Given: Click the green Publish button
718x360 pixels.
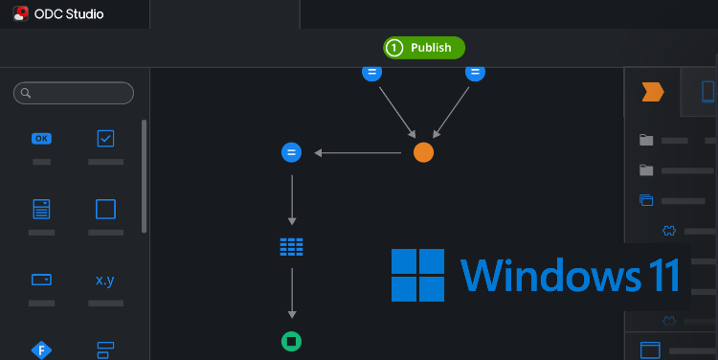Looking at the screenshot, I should click(424, 48).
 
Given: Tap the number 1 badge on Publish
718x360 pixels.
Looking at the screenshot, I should click(394, 48).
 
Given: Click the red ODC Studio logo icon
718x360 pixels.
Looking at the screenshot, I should click(20, 14).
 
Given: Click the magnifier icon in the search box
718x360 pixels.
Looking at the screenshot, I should click(27, 93).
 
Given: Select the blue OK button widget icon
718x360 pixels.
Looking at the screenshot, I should click(41, 139).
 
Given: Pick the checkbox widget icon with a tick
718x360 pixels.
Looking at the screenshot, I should click(105, 139).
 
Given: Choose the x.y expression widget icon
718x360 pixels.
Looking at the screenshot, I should click(105, 281).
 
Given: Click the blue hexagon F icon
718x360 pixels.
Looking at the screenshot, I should click(41, 349).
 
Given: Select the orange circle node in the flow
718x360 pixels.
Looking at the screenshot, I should click(423, 152).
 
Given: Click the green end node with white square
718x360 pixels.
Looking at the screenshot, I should click(292, 341).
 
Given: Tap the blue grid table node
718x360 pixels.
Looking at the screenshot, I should click(292, 247).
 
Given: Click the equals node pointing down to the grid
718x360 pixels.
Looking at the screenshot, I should click(292, 152).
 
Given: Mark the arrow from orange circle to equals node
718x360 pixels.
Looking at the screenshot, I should click(358, 152).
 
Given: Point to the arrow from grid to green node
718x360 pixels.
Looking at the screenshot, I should click(292, 294).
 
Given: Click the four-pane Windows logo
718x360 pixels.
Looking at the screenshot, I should click(417, 275).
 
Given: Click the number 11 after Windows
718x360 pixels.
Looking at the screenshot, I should click(660, 275).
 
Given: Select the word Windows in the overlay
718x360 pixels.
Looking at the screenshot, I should click(548, 275).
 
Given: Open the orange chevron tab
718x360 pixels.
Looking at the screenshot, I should click(653, 92).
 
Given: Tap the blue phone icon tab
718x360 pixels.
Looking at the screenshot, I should click(708, 92).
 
